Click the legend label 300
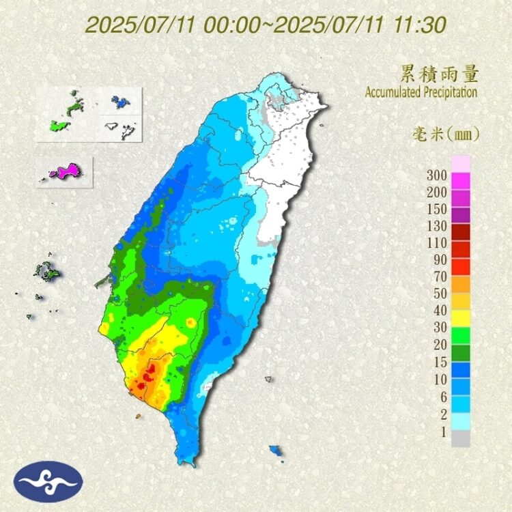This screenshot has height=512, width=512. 437,176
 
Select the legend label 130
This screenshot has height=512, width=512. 437,226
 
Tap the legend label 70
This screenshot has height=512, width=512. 440,276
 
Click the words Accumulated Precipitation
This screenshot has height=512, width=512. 421,91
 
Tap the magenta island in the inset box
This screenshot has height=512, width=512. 66,171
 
